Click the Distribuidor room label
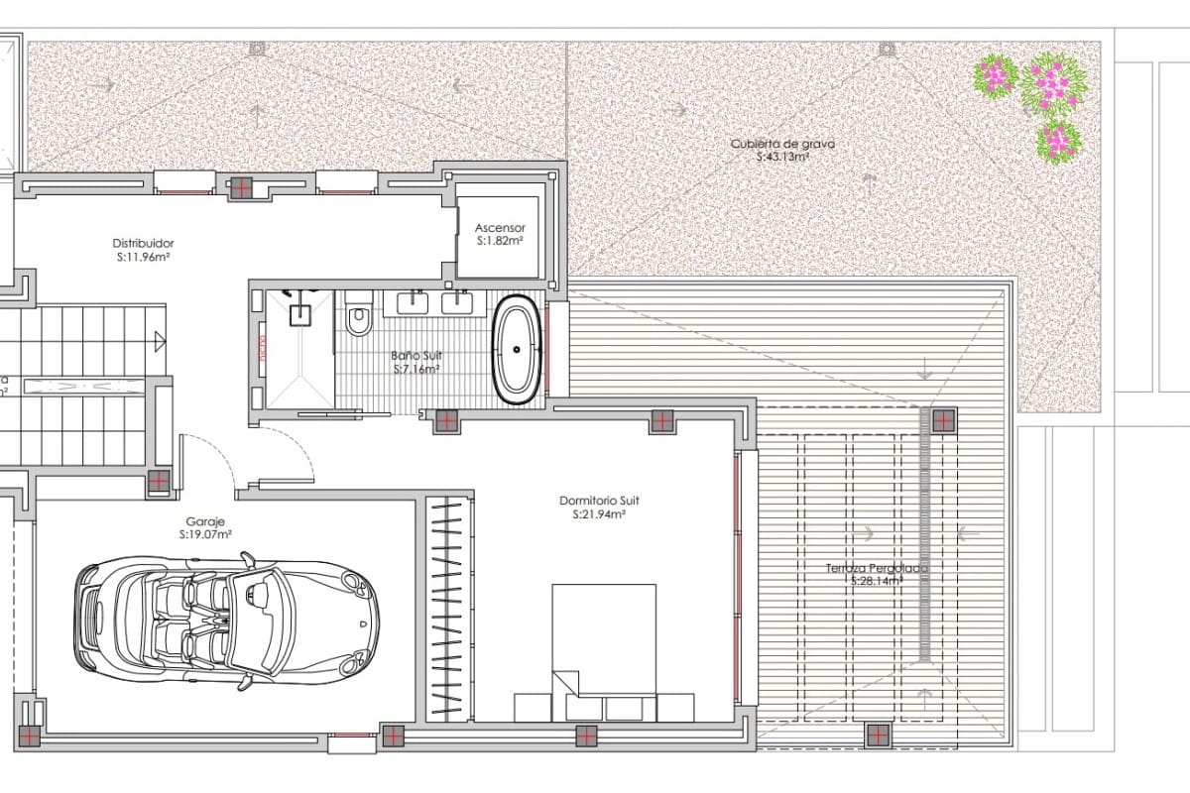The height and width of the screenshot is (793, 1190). tap(143, 242)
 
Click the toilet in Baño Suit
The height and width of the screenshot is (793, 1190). tap(358, 319)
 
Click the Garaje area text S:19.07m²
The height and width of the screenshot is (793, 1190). tap(205, 534)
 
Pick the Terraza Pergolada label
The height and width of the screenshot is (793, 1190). tap(877, 569)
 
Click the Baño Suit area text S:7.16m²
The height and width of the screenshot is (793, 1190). tap(416, 369)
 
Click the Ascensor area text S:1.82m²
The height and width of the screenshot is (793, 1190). tap(499, 240)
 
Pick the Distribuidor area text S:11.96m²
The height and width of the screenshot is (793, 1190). tap(143, 256)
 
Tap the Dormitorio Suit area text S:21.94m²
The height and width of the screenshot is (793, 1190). tap(598, 514)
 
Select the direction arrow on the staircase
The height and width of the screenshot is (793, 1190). tap(159, 342)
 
